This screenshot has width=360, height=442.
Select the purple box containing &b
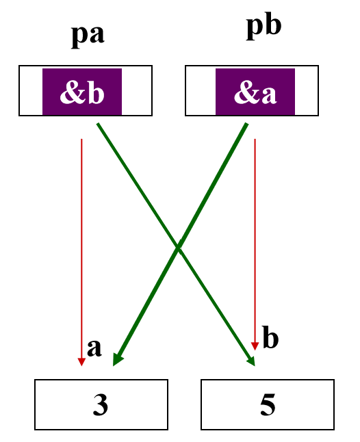[82, 92]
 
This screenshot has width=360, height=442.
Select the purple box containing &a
[255, 92]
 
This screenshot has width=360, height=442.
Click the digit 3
[100, 405]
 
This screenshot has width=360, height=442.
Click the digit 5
[268, 405]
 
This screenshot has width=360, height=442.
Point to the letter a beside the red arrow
[94, 347]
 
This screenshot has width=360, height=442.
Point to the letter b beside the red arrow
[271, 339]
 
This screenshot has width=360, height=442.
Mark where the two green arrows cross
[179, 248]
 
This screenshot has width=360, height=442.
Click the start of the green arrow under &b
[98, 125]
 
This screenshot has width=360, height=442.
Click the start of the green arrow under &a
[246, 125]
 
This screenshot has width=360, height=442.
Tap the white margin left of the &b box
[31, 92]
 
